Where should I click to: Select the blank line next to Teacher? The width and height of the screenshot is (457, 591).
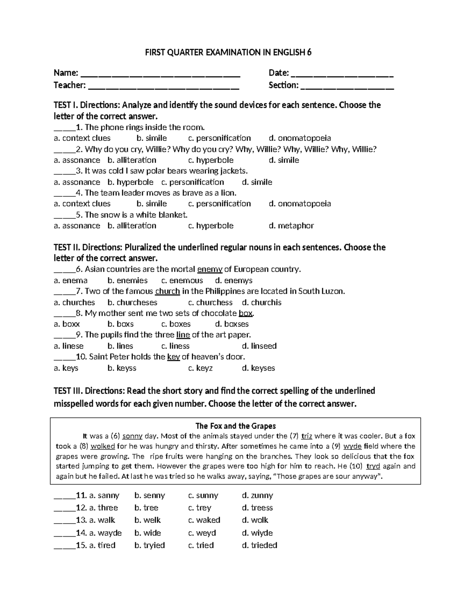164,86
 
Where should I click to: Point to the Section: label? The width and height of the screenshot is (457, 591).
283,85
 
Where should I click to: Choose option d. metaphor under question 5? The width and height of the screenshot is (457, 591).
291,226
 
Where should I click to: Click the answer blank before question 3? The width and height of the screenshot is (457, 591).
64,171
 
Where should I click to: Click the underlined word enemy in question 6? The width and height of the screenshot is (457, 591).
209,269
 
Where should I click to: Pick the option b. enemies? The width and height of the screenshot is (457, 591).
127,280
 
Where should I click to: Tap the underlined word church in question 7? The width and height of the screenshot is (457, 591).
167,292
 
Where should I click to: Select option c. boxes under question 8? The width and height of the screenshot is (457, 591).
176,324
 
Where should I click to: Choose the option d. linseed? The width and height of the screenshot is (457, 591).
259,346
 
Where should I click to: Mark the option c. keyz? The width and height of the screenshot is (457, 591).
200,368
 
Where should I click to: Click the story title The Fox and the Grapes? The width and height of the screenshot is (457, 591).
235,426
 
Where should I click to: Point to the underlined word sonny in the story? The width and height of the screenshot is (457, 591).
133,436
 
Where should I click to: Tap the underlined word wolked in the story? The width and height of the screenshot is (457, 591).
102,446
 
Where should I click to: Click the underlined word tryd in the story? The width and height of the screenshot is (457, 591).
373,466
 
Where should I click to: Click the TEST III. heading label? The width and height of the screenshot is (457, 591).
68,391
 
